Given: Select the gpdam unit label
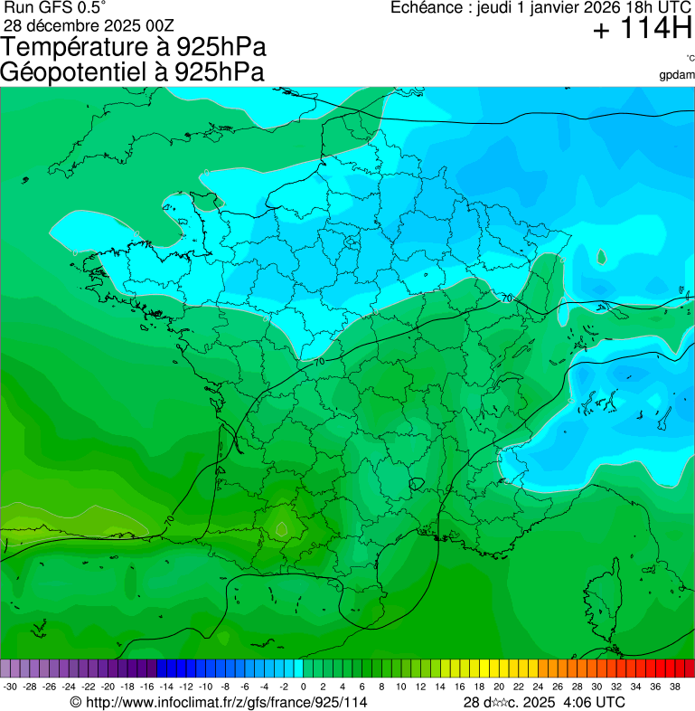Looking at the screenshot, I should point(677,74).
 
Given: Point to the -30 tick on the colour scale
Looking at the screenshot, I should point(10,687).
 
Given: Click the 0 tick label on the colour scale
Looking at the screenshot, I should point(303,687).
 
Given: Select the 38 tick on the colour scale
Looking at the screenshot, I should point(674,687).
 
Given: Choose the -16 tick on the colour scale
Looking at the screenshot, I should point(146,687).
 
